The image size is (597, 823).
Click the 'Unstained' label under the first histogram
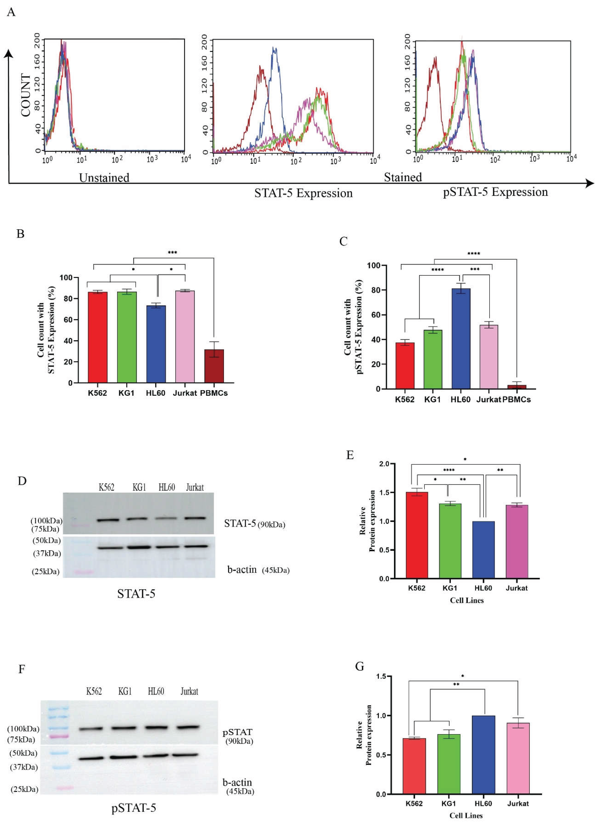point(104,178)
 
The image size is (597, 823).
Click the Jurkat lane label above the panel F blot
point(189,691)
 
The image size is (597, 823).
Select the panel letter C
point(343,241)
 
